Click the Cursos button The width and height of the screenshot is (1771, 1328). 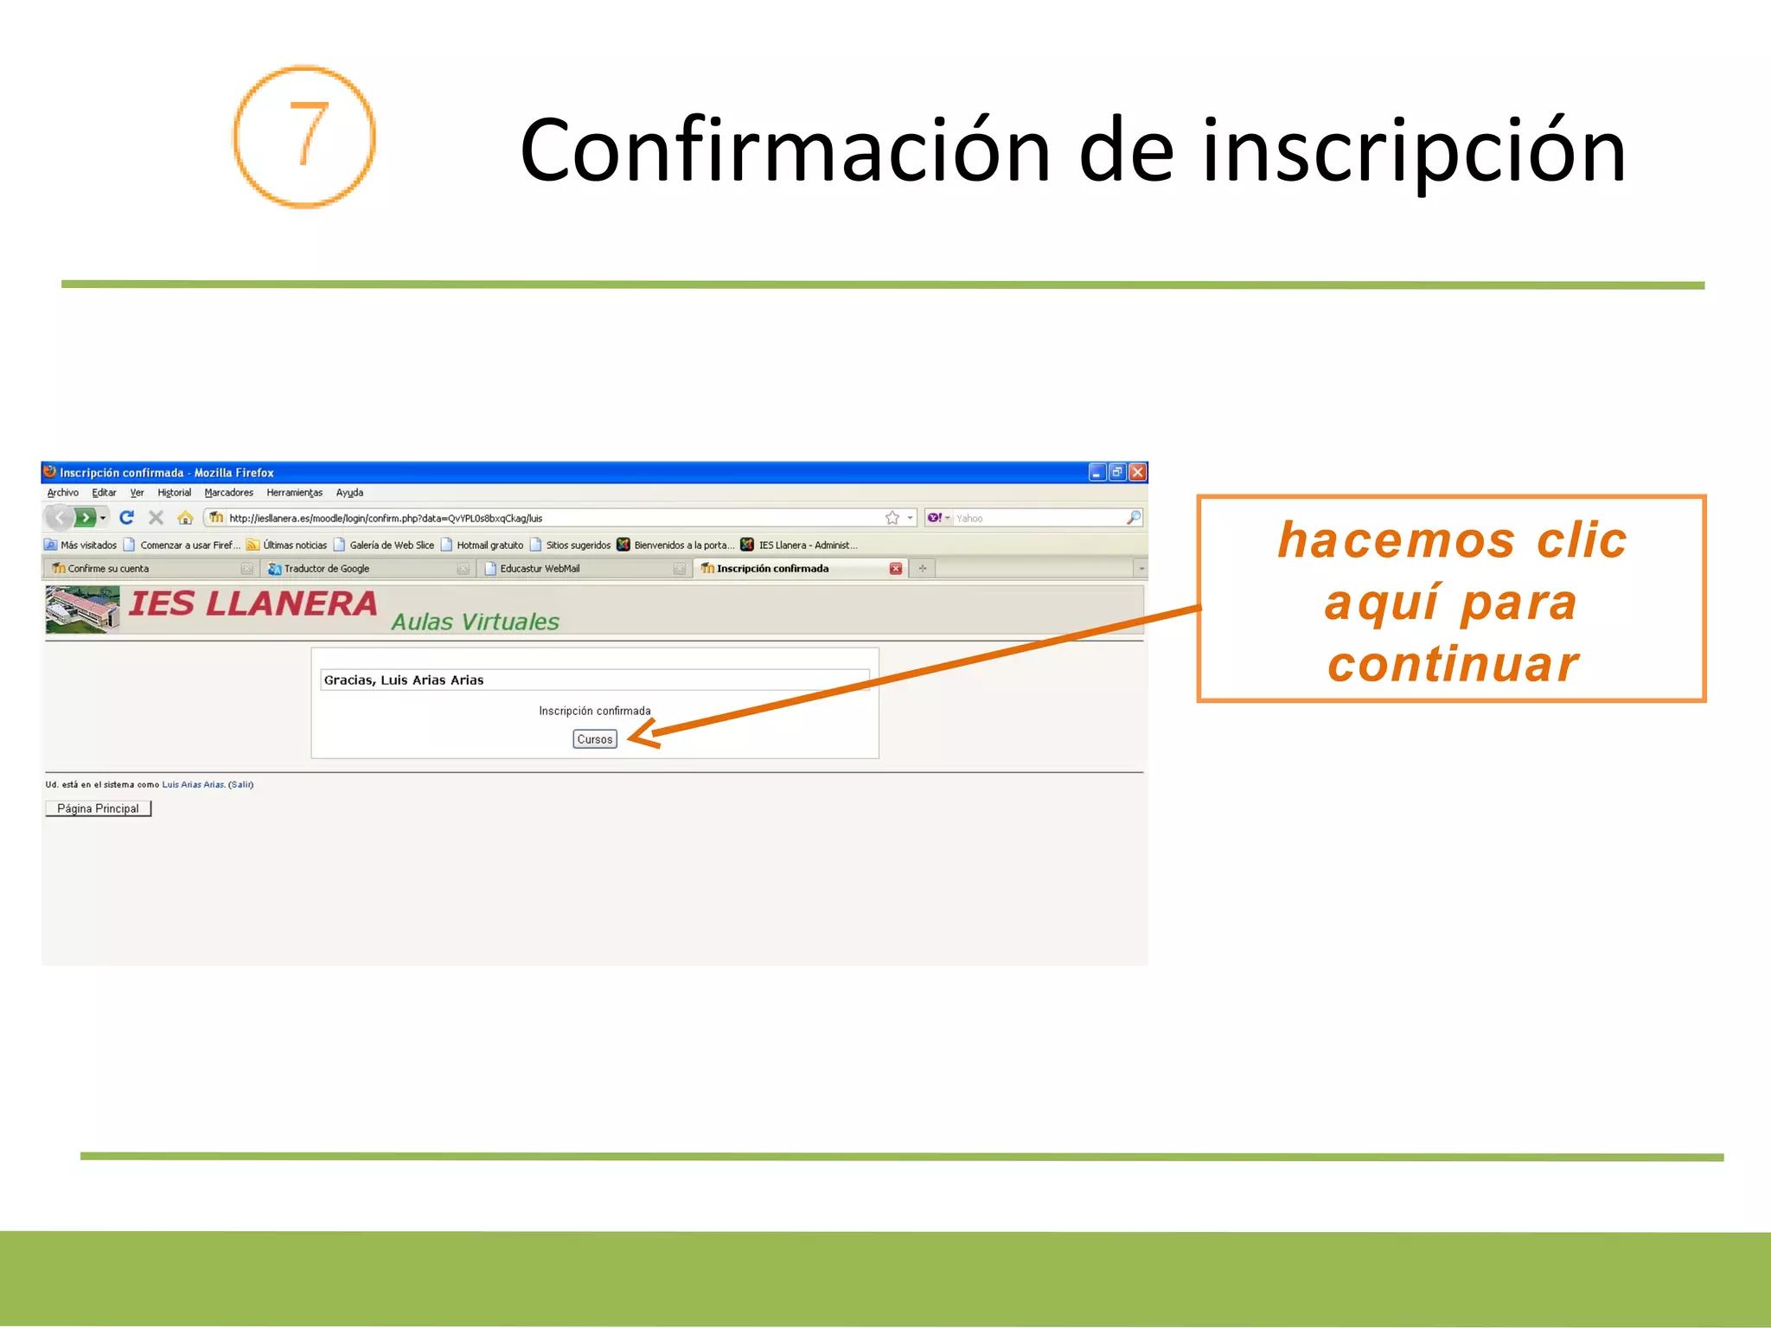point(595,739)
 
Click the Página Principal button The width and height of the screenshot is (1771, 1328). point(98,808)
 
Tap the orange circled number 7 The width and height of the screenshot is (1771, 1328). point(304,137)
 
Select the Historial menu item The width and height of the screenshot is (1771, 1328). point(174,493)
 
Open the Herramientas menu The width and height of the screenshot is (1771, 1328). point(294,493)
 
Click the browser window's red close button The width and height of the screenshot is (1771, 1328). point(1138,472)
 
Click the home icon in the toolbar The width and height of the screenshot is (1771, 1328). point(185,518)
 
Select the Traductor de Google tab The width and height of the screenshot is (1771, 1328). point(327,569)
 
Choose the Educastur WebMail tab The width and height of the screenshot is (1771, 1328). point(540,569)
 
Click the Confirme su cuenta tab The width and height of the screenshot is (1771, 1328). point(108,569)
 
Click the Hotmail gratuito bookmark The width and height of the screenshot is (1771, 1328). point(489,546)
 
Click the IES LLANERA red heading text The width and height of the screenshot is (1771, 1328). point(253,604)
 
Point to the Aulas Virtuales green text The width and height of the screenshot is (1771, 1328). point(475,622)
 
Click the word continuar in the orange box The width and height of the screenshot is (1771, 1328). point(1453,664)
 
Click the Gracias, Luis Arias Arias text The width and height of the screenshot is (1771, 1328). point(404,680)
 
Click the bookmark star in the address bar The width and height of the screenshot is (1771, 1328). point(892,518)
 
